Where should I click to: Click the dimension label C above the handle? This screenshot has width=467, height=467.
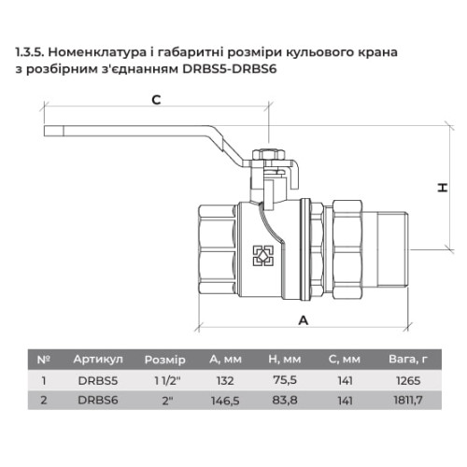point(156,100)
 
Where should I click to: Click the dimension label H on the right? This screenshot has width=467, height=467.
point(443,188)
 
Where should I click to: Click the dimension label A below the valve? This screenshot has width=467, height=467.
point(304,320)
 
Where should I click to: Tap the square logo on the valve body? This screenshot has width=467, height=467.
point(263,256)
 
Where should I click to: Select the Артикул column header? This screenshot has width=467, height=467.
point(98,360)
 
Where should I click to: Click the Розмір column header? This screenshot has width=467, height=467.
point(165,360)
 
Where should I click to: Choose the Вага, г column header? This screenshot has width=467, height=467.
point(408,360)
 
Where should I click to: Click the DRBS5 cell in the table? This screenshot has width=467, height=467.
point(98,381)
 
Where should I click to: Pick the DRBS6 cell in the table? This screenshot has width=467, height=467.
point(98,400)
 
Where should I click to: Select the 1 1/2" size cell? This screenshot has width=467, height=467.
point(167,380)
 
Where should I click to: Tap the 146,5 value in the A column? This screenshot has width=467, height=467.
point(225,401)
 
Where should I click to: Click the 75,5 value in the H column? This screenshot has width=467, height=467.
point(285,380)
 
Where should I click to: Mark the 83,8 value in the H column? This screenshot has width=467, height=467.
point(285,400)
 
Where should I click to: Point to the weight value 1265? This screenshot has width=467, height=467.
point(408,381)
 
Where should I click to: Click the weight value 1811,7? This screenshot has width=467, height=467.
point(408,400)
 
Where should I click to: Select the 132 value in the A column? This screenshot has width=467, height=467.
point(225,381)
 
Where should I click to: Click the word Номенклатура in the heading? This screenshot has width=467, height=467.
point(97,52)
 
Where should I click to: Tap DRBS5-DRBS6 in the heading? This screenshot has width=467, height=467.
point(230,69)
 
